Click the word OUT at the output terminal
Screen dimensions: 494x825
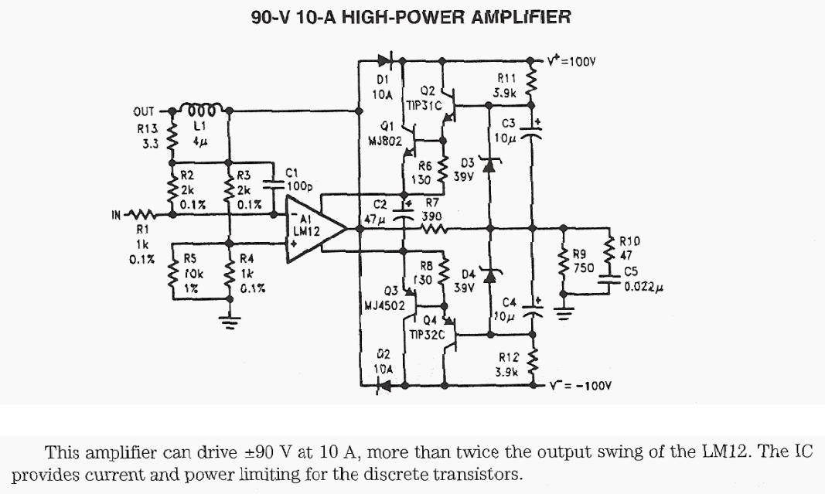143,111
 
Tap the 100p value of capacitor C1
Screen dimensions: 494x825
298,186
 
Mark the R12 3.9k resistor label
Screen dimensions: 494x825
507,364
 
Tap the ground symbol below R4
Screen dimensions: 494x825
230,319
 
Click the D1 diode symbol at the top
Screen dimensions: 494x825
385,59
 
